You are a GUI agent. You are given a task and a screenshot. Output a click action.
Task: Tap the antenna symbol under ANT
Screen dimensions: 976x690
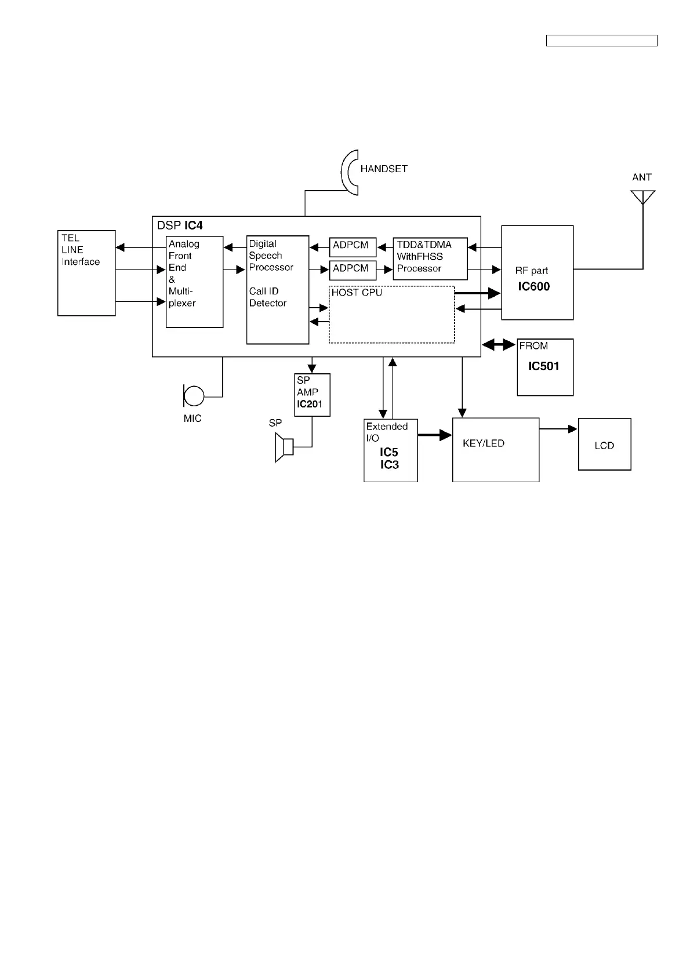(643, 197)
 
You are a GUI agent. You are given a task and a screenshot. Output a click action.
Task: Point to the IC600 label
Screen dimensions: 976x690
(533, 286)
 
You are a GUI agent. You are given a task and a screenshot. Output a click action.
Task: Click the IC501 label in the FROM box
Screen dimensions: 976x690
(543, 366)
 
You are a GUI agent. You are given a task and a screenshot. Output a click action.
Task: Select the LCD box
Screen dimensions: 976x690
(604, 445)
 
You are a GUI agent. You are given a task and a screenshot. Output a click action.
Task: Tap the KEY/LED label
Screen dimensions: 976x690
(484, 443)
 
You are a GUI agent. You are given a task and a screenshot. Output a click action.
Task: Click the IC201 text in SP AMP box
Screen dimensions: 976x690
(309, 404)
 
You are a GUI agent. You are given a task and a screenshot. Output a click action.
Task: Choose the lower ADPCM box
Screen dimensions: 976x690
(353, 270)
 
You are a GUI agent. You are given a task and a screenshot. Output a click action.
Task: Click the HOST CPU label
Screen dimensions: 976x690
(357, 293)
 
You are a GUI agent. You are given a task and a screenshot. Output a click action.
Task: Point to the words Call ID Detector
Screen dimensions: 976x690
(267, 297)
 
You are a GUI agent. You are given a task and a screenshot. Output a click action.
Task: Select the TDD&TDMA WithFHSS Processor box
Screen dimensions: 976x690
(430, 258)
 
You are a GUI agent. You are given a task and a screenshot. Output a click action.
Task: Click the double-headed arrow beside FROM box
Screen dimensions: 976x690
(499, 345)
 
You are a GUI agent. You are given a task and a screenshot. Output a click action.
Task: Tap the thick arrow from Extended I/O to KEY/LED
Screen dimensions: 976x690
(434, 435)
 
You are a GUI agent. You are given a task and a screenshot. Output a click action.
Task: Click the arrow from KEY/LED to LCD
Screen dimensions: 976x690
(558, 429)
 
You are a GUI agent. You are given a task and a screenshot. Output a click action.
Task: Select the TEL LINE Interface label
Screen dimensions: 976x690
(81, 250)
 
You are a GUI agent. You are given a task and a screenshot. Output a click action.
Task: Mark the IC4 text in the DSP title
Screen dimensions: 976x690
(194, 225)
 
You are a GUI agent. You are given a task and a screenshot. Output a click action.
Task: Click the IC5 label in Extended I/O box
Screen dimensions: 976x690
(389, 453)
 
